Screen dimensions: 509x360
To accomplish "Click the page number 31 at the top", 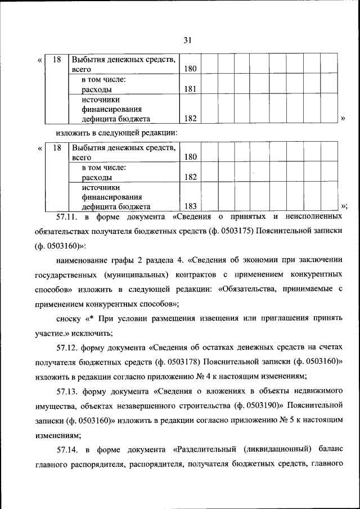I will pos(187,39).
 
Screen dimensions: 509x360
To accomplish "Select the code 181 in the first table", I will pos(190,89).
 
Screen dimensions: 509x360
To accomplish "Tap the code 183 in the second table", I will pos(190,206).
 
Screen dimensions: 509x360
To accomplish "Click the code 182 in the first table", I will pos(190,119).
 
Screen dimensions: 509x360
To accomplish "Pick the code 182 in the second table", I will pos(190,177).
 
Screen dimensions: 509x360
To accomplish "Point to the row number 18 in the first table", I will pos(56,59).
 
